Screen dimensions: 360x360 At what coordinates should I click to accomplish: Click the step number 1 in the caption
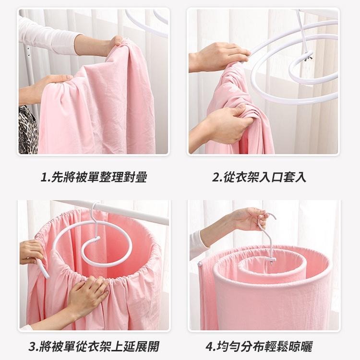[44, 178]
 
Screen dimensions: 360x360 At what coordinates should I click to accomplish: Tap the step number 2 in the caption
[216, 178]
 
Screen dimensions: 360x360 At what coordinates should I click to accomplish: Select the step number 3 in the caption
[32, 347]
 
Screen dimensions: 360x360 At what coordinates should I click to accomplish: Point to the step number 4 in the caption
[210, 347]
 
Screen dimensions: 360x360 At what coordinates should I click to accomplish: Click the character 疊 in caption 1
[141, 178]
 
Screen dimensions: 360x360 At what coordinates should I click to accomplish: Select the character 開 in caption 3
[154, 347]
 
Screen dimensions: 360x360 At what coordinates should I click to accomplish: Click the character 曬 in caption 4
[307, 347]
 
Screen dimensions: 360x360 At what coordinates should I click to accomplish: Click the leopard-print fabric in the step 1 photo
[27, 130]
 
